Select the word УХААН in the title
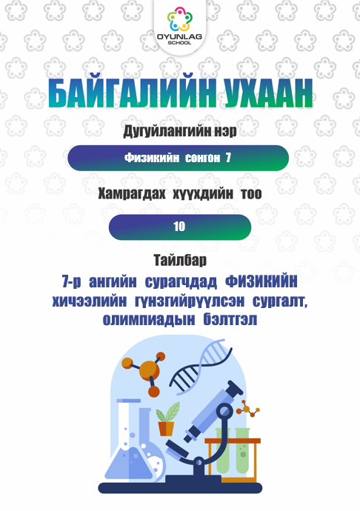coord(268,93)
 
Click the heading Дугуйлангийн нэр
coord(180,132)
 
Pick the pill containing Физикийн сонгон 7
coord(178,158)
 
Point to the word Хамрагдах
coord(131,194)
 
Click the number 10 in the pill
coord(179,227)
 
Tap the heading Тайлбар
coord(180,261)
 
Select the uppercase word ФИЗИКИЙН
coord(261,281)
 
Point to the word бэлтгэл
coord(230,320)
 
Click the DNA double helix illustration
coord(201,366)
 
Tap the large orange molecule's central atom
coord(149,370)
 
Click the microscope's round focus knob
coord(225,411)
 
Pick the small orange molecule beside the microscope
coord(248,410)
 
